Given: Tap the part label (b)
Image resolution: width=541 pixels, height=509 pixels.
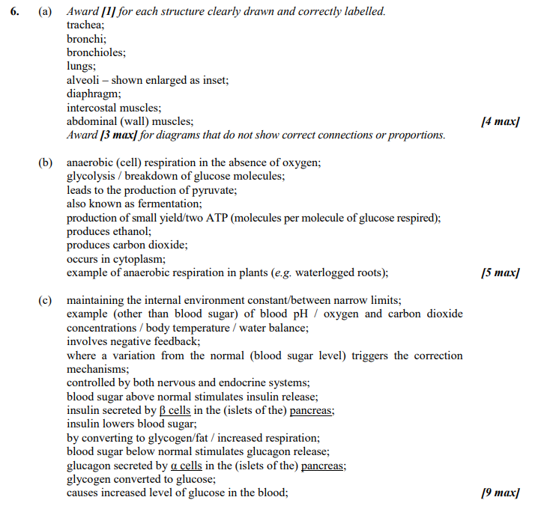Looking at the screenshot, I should (x=46, y=162).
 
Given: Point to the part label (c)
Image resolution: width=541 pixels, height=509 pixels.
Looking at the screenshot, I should (x=46, y=300).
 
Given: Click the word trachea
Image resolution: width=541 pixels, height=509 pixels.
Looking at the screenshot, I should (x=85, y=26).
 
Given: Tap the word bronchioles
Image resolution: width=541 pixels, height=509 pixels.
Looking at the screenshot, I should (x=95, y=53).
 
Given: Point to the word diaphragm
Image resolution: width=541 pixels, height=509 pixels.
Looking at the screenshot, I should (x=93, y=94).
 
